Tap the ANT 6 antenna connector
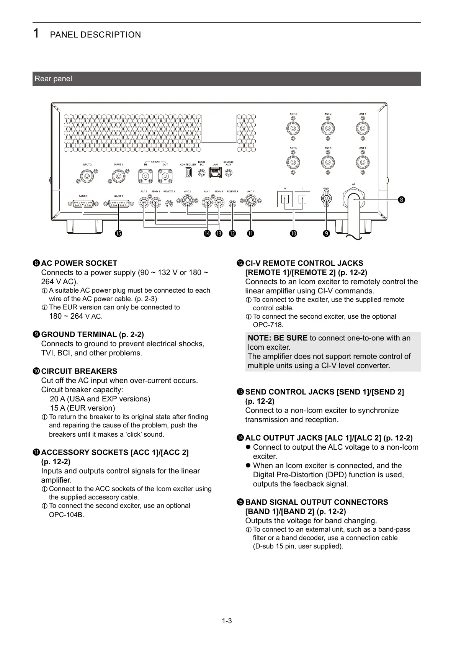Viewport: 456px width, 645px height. point(293,162)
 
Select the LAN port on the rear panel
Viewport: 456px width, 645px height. point(215,173)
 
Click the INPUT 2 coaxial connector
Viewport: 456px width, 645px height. point(87,176)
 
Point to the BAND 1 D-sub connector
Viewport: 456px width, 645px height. point(119,205)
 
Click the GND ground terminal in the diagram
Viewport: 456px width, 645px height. point(326,198)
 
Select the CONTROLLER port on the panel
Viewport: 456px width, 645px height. point(188,173)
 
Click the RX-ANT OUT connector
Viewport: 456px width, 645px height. point(165,176)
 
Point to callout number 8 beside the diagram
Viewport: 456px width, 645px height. point(401,200)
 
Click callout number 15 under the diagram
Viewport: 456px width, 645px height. point(119,233)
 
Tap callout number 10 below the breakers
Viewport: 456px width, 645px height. point(294,233)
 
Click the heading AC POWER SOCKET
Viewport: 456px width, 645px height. point(79,264)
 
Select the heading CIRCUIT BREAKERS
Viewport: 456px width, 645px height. point(79,372)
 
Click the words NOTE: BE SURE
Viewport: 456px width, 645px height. point(278,338)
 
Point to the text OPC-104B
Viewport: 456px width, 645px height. point(67,515)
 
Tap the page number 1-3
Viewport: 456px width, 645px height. point(227,621)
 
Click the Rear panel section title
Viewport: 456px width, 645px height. point(53,79)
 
